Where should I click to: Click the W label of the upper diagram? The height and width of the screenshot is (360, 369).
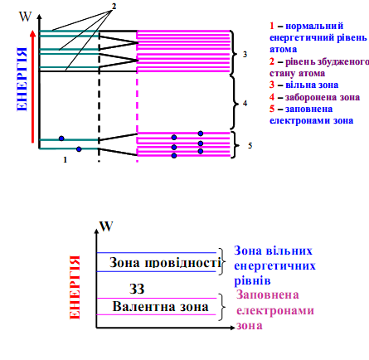(x=25, y=17)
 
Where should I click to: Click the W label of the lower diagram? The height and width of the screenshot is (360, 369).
(x=106, y=226)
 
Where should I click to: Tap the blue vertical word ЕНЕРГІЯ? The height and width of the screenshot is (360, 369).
(x=22, y=80)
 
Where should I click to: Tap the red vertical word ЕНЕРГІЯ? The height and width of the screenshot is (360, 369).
(x=75, y=287)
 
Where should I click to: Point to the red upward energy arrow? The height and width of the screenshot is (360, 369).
(x=33, y=86)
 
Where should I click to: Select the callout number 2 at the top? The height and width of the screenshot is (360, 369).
(x=114, y=6)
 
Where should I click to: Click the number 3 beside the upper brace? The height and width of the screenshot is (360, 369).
(x=245, y=54)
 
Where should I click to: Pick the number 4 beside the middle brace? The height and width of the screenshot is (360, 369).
(x=245, y=104)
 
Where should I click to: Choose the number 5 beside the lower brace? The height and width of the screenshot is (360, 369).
(x=250, y=145)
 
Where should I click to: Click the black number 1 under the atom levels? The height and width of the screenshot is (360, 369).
(x=66, y=159)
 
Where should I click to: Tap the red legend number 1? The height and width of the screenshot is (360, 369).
(x=272, y=26)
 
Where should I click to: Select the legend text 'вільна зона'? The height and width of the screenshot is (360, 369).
(x=312, y=85)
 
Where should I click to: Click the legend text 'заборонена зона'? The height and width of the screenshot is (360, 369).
(x=323, y=97)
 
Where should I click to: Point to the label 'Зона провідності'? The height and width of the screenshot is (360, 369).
(x=165, y=262)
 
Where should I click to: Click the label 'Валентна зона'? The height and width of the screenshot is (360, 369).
(x=161, y=307)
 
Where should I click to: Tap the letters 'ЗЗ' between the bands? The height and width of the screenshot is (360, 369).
(x=137, y=289)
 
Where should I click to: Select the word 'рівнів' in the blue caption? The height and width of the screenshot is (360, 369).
(x=252, y=281)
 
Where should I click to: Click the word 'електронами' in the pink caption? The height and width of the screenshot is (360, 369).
(x=275, y=310)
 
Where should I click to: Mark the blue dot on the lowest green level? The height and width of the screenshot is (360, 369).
(x=79, y=149)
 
